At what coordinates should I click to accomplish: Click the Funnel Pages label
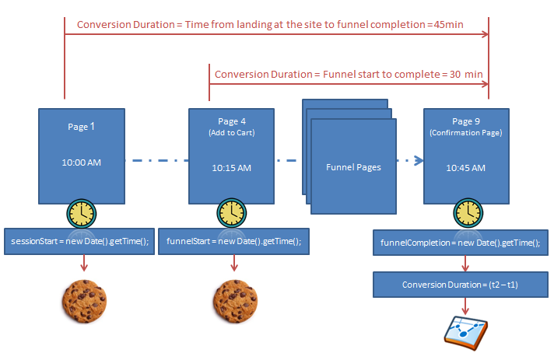click(353, 167)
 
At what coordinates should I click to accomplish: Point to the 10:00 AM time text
click(82, 163)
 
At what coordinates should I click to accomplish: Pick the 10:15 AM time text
click(231, 167)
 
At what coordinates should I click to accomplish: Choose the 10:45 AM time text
click(466, 167)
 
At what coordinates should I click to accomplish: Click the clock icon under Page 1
click(82, 212)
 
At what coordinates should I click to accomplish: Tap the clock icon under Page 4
click(231, 212)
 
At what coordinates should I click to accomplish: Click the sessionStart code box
click(81, 241)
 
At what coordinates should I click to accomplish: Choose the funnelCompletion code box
click(460, 243)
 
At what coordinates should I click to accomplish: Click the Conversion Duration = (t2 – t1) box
click(460, 285)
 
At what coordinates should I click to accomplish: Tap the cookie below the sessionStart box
click(84, 299)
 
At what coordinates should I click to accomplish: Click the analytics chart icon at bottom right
click(465, 330)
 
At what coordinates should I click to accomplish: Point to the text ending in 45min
click(270, 25)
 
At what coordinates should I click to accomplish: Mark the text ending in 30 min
click(349, 74)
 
